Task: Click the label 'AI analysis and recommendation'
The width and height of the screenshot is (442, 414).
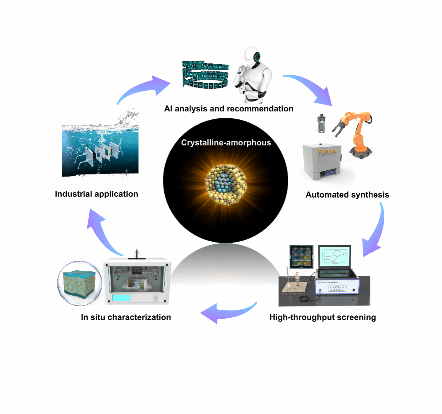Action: tap(229, 109)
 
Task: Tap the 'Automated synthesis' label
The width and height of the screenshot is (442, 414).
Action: tap(347, 195)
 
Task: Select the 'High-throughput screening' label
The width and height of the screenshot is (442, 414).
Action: tap(322, 317)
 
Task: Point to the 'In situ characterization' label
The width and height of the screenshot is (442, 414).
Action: tap(126, 317)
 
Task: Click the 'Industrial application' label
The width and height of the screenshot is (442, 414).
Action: tap(96, 194)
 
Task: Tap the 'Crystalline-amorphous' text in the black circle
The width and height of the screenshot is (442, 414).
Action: tap(226, 143)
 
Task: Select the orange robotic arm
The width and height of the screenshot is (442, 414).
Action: tap(359, 132)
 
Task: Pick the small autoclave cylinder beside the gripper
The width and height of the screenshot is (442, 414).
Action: tap(321, 123)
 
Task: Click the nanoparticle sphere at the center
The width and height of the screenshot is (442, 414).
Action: tap(226, 183)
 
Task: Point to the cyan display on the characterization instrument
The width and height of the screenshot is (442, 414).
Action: tap(121, 298)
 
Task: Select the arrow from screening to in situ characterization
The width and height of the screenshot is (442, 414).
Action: tap(227, 312)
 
